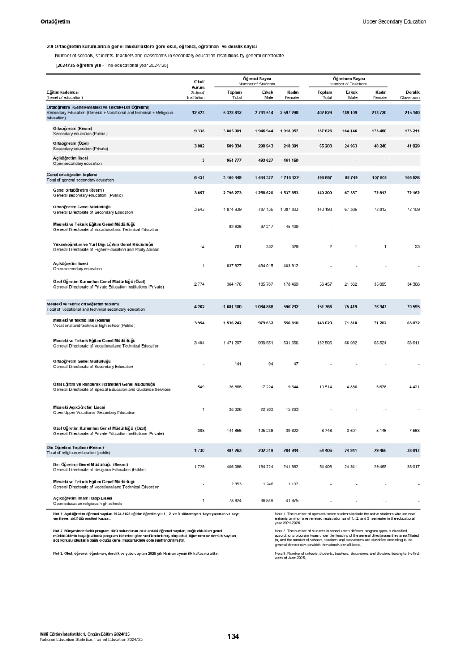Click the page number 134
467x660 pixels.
(233, 636)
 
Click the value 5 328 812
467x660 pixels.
(232, 113)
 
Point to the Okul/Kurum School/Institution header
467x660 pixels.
(197, 90)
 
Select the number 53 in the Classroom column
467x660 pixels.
(417, 247)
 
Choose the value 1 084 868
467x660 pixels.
(264, 307)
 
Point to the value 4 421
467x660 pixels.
(414, 387)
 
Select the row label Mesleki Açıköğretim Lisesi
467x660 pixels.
(79, 407)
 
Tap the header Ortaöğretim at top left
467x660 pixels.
(55, 21)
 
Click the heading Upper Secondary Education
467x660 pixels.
(394, 21)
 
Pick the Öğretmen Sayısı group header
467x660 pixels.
(348, 78)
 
